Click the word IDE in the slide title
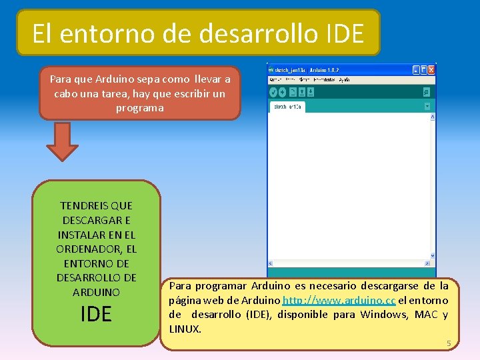click(346, 33)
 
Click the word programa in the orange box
click(139, 107)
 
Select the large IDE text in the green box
click(96, 314)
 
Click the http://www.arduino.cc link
click(339, 300)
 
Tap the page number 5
click(449, 343)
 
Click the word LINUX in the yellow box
click(185, 329)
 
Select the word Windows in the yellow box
click(383, 315)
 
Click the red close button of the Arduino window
click(431, 69)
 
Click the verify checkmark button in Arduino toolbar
click(273, 92)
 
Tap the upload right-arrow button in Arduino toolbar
click(282, 92)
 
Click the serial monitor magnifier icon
click(427, 92)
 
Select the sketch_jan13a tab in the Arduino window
click(288, 107)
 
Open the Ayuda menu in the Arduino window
click(344, 80)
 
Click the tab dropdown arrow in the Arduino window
click(427, 106)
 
